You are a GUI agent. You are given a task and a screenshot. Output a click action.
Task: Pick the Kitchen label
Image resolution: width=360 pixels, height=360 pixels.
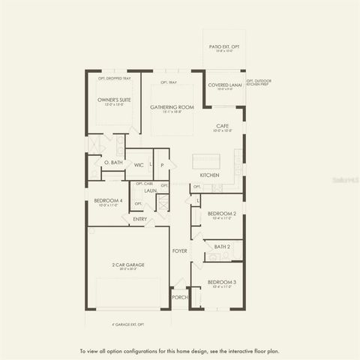click(x=209, y=175)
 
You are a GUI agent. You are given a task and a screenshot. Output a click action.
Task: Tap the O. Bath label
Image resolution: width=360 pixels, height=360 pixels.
click(x=112, y=163)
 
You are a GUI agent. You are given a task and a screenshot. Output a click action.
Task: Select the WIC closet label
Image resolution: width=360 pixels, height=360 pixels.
click(x=139, y=164)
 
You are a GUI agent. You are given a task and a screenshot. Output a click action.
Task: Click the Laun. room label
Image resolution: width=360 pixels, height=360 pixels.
click(x=150, y=190)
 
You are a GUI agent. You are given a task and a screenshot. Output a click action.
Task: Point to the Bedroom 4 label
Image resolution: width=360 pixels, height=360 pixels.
click(x=108, y=202)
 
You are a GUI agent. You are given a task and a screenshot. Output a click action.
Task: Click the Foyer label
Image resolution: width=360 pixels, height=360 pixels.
click(x=180, y=250)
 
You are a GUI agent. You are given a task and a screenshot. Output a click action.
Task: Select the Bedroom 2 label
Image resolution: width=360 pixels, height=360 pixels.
click(x=222, y=214)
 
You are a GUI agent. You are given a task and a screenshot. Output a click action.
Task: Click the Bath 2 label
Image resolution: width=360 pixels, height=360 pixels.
click(x=222, y=246)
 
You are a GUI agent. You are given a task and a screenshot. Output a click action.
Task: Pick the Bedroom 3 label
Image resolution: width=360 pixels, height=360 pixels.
click(x=222, y=283)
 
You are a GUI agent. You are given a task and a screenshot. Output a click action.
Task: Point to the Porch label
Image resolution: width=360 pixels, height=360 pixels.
click(x=180, y=297)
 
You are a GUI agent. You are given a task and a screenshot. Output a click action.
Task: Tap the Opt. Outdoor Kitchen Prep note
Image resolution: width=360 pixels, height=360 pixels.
click(x=257, y=82)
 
